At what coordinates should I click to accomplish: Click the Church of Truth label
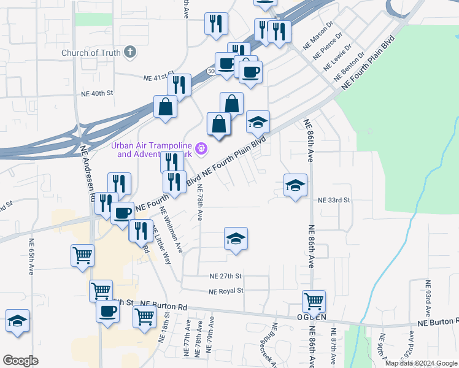tap(91, 53)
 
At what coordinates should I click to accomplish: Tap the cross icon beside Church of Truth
tap(129, 52)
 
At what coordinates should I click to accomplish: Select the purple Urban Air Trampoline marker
tap(201, 148)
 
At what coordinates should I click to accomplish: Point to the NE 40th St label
tap(98, 94)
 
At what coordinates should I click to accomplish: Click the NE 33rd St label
tap(334, 201)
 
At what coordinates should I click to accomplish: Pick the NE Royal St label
tap(226, 291)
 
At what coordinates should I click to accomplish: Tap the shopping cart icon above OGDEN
tap(314, 301)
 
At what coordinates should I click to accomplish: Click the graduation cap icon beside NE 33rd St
tap(295, 185)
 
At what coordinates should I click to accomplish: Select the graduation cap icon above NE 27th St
tap(235, 239)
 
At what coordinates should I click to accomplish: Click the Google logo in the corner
tap(20, 361)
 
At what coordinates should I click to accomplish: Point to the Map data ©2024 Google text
tap(420, 363)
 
